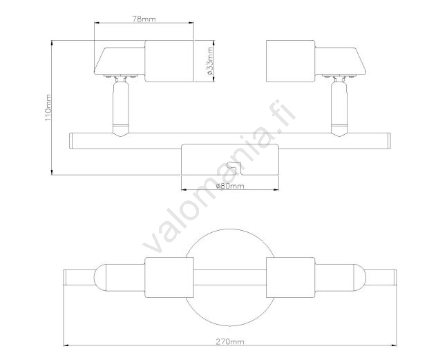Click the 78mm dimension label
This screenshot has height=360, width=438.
(144, 19)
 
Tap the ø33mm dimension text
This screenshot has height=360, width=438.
(210, 61)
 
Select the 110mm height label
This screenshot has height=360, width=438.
(48, 108)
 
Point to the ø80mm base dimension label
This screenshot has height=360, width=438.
(230, 186)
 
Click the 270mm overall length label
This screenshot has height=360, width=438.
(230, 341)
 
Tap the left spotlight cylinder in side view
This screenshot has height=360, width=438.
(169, 61)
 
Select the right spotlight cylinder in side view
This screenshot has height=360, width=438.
(291, 61)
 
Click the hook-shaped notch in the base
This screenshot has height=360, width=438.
(234, 168)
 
